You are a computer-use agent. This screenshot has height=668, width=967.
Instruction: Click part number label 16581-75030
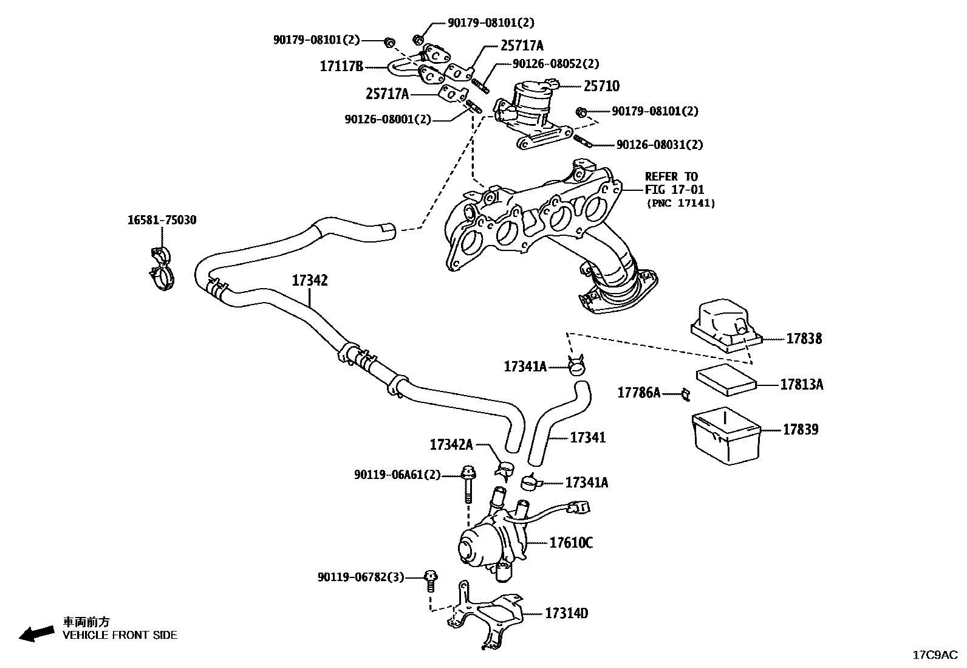[162, 220]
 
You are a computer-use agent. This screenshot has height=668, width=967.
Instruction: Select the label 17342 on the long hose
[309, 280]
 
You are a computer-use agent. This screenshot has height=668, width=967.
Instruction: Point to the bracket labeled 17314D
[486, 614]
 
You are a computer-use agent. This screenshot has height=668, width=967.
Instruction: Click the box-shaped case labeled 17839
[726, 436]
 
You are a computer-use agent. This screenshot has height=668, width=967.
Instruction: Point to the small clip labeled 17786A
[685, 394]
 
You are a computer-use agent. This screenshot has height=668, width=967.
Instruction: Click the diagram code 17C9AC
[934, 655]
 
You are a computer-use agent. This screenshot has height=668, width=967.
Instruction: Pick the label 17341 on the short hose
[587, 437]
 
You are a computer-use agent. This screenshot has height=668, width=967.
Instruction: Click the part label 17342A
[451, 444]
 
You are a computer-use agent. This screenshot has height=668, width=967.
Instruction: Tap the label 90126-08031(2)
[659, 145]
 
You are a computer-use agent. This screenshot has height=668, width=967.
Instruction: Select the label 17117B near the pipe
[341, 66]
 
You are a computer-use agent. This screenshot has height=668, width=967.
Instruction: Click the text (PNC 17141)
[680, 203]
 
